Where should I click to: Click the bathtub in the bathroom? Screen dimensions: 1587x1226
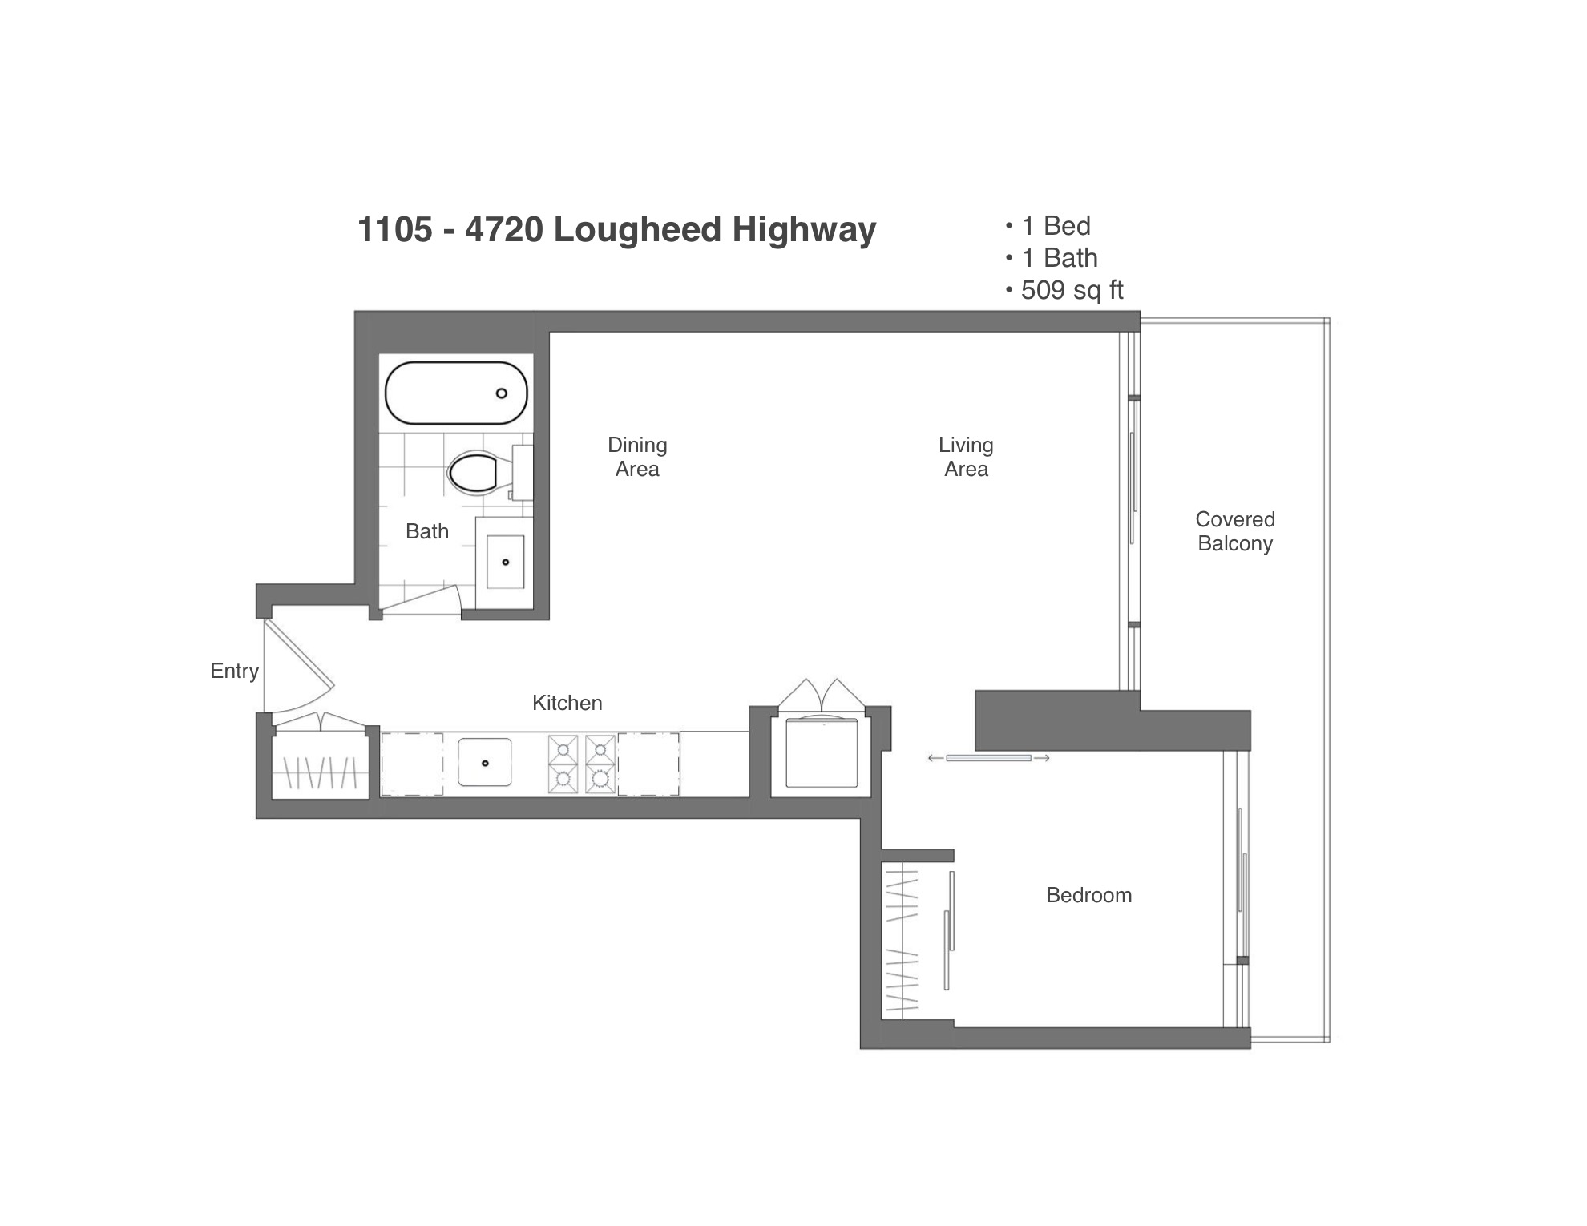click(x=456, y=393)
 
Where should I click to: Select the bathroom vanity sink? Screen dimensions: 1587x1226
click(x=505, y=562)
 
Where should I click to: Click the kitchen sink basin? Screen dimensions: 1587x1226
click(x=484, y=762)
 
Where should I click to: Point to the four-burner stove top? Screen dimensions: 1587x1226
click(x=582, y=764)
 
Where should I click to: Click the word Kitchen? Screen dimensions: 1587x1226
click(x=567, y=703)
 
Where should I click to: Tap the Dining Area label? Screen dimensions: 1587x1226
click(x=637, y=457)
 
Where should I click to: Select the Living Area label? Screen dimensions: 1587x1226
click(x=966, y=457)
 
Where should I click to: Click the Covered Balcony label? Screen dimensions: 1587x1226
click(x=1235, y=531)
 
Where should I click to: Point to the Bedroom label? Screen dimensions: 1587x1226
click(x=1088, y=895)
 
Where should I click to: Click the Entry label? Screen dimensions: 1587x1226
click(x=234, y=671)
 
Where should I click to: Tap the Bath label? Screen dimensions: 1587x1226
click(x=426, y=531)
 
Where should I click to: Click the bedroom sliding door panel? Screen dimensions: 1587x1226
click(x=988, y=757)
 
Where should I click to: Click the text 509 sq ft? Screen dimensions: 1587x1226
click(x=1072, y=290)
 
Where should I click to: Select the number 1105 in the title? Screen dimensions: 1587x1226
click(x=395, y=229)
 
